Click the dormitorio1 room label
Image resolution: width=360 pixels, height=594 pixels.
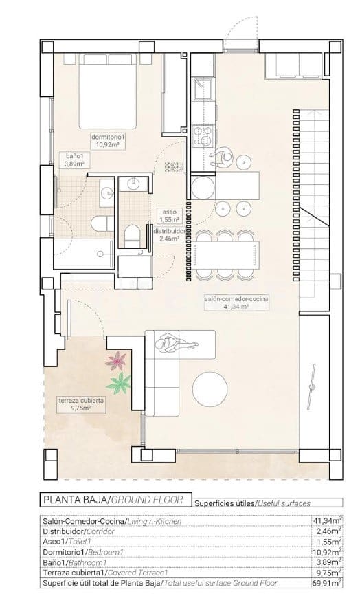pyautogui.click(x=107, y=140)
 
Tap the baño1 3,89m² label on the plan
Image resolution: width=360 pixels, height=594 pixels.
pyautogui.click(x=74, y=160)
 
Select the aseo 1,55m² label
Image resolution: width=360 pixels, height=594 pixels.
pyautogui.click(x=169, y=216)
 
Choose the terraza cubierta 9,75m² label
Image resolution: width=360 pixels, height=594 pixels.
pyautogui.click(x=80, y=404)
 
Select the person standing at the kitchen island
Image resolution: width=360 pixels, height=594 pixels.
pyautogui.click(x=223, y=159)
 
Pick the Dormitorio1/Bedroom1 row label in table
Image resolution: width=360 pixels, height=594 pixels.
pyautogui.click(x=82, y=552)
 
